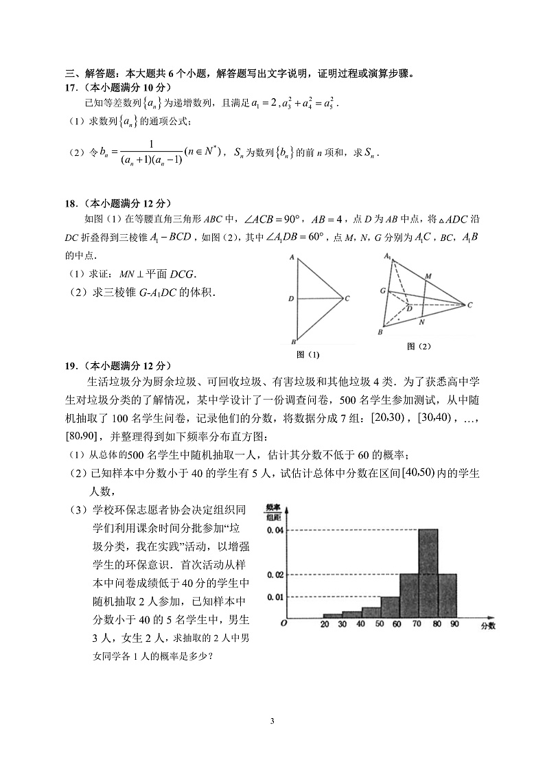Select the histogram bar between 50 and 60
pyautogui.click(x=391, y=607)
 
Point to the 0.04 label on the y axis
pyautogui.click(x=275, y=530)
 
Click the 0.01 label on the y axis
pyautogui.click(x=275, y=597)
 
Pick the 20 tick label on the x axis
pyautogui.click(x=325, y=624)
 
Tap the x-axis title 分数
pyautogui.click(x=487, y=625)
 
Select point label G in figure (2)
pyautogui.click(x=382, y=291)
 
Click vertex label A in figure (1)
pyautogui.click(x=292, y=258)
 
